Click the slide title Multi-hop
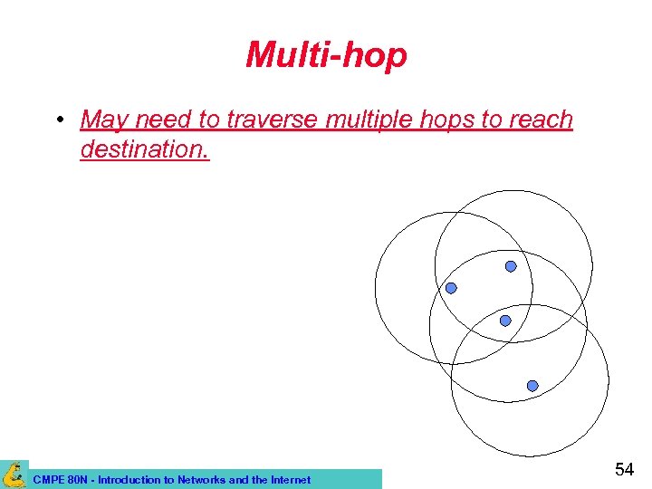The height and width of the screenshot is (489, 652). tap(326, 56)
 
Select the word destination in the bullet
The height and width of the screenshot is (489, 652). tap(145, 149)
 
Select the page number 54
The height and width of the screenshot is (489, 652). tap(624, 469)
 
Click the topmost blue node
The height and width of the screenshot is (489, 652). tap(511, 266)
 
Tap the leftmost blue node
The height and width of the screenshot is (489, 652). tap(451, 288)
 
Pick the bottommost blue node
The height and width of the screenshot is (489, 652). tap(532, 386)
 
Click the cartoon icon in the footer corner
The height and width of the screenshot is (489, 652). tap(14, 474)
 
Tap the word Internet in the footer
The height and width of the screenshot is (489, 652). tap(287, 480)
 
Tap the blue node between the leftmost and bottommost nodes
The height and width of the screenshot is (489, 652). tap(505, 321)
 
